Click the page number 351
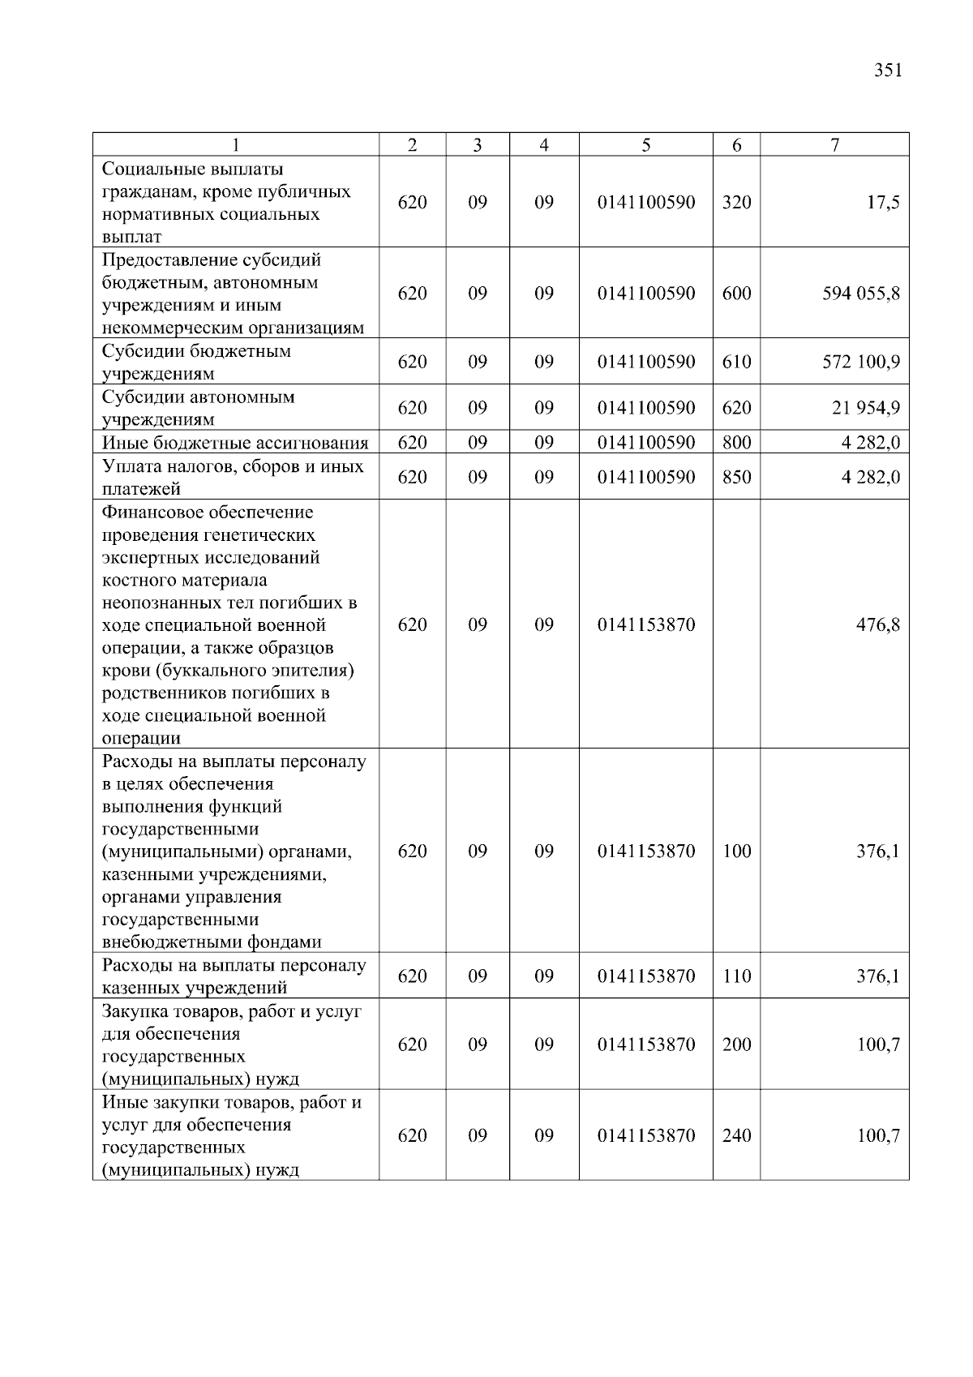(888, 71)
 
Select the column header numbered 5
(645, 145)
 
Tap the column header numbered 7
(834, 145)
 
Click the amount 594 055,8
(861, 294)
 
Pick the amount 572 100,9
(861, 362)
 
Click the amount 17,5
(883, 203)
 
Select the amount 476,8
(878, 625)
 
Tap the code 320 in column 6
(736, 203)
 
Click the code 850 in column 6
(736, 478)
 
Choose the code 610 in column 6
(736, 362)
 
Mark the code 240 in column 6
(736, 1136)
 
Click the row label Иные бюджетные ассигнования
(235, 443)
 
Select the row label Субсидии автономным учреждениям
(198, 408)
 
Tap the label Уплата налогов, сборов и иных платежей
(233, 478)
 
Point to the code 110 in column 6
(736, 976)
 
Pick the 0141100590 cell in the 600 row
(646, 294)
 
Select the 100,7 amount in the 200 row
(878, 1045)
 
